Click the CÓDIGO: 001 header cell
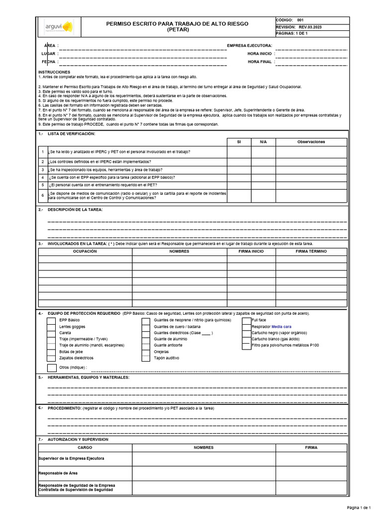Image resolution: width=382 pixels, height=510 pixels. tap(293, 20)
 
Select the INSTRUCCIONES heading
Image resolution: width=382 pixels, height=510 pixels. tap(55, 72)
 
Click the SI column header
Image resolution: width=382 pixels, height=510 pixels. tap(239, 142)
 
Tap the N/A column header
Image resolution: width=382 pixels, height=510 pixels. tap(263, 142)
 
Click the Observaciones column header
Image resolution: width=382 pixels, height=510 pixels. tap(311, 142)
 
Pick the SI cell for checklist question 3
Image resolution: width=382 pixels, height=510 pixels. tap(239, 170)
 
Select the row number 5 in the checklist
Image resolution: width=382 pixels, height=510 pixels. tap(43, 185)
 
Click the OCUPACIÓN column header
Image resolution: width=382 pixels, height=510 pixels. tap(85, 252)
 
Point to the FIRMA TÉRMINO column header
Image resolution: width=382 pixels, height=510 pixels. tap(311, 252)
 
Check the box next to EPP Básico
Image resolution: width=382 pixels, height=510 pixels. tap(51, 321)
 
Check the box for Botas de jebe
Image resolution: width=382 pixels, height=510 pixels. tap(51, 352)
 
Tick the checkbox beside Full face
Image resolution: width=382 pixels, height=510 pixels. tap(246, 321)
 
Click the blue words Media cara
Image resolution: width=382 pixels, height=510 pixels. tap(281, 327)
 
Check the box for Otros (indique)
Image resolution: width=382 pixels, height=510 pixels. tap(52, 368)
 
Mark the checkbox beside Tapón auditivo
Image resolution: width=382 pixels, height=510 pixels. tap(146, 358)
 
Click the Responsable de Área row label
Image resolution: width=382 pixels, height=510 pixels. tap(58, 473)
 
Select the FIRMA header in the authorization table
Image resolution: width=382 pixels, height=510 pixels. tap(311, 448)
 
